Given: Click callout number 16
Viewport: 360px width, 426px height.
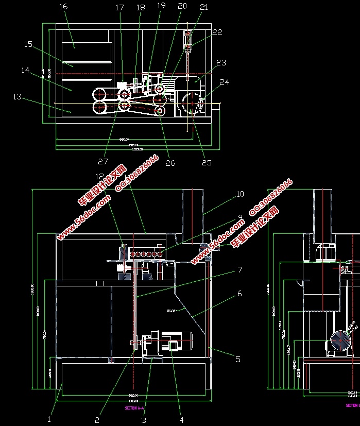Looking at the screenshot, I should [x=63, y=7].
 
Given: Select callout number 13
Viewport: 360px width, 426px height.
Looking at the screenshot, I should [x=17, y=96].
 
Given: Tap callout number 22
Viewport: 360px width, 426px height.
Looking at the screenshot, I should [x=217, y=32].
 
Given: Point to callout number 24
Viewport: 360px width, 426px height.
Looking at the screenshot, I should [x=224, y=82].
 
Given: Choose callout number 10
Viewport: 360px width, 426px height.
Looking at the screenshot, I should [x=240, y=194].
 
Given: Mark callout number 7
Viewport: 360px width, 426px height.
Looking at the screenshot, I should [x=239, y=269].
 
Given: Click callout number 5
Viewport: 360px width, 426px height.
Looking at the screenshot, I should [x=237, y=359].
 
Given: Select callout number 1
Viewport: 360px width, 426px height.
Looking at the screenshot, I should [x=49, y=419].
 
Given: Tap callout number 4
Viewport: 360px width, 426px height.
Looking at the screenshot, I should [x=181, y=420].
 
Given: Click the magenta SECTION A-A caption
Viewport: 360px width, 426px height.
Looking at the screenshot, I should [x=134, y=407].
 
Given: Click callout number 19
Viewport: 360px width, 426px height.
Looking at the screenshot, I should [x=161, y=6].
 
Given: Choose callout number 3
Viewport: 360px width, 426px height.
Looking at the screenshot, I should [x=144, y=420].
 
